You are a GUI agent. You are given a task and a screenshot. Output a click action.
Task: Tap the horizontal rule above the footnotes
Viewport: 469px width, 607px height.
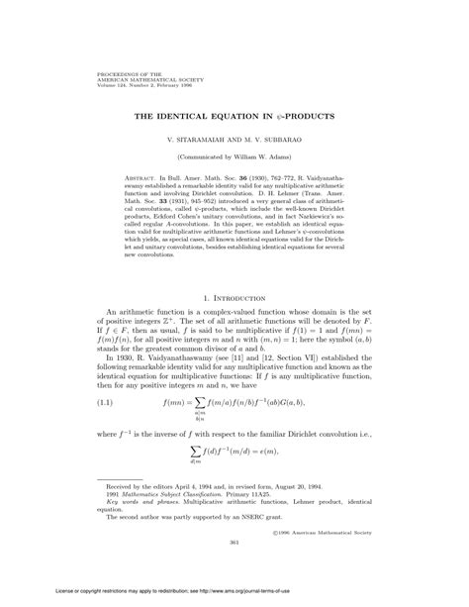click(136, 507)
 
